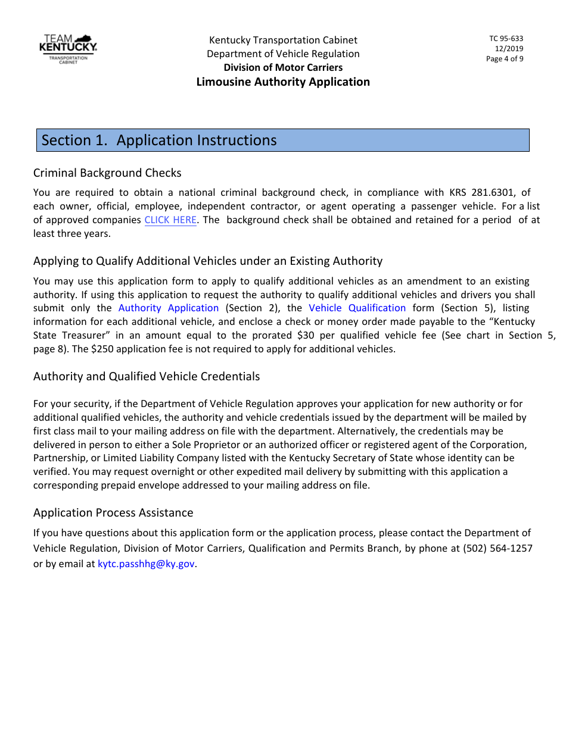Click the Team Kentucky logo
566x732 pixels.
[68, 48]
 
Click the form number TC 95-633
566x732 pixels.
[506, 39]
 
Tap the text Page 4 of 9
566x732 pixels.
[505, 59]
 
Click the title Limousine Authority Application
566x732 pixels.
[283, 82]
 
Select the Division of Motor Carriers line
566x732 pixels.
[283, 67]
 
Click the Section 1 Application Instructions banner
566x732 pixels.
[283, 140]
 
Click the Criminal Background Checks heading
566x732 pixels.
[107, 173]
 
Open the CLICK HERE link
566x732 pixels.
[170, 220]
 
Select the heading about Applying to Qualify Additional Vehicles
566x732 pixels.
[208, 261]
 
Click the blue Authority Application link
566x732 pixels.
[169, 308]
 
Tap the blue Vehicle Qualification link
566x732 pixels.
[357, 308]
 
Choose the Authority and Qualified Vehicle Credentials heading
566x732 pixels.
[147, 377]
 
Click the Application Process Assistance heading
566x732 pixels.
[113, 513]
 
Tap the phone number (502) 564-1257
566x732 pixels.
[497, 549]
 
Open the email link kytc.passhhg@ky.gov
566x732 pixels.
[146, 564]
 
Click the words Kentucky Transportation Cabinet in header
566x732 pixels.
[283, 40]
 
